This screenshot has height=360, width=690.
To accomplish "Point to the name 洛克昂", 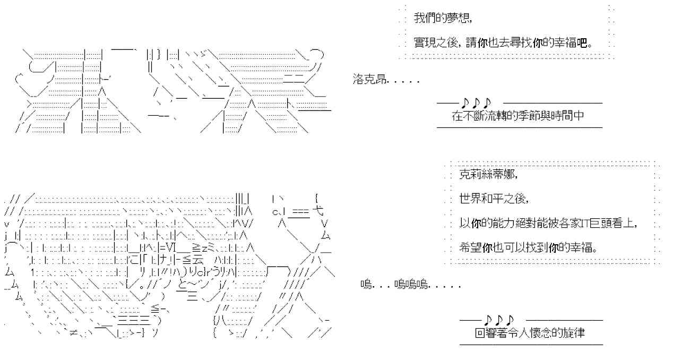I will point(369,80).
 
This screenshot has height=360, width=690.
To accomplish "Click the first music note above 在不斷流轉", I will point(465,102).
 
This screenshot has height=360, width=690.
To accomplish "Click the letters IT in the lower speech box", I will point(584,224).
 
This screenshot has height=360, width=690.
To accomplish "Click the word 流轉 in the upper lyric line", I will point(488,116).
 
